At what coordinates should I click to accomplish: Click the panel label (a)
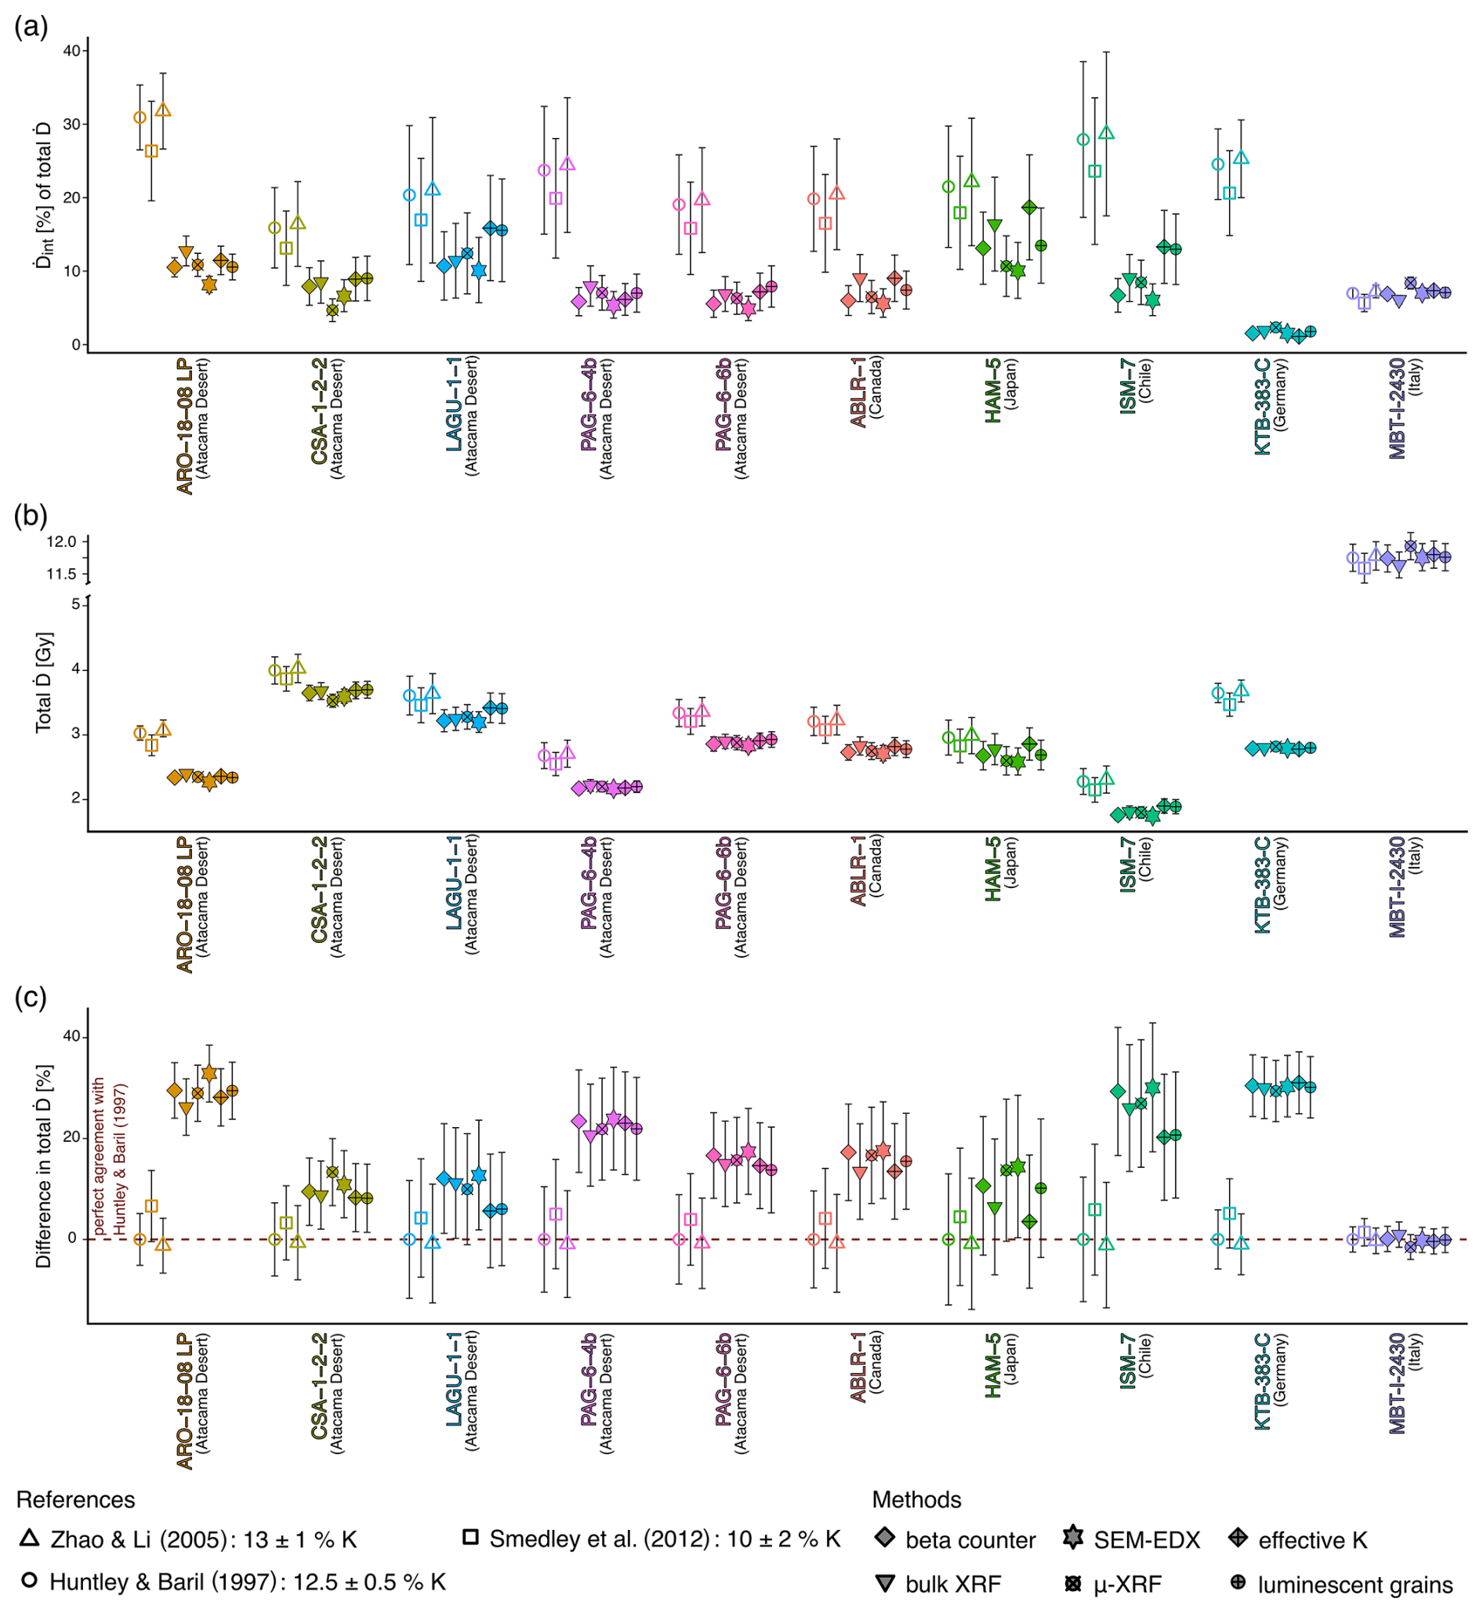pyautogui.click(x=31, y=27)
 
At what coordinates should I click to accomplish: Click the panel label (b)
pyautogui.click(x=31, y=515)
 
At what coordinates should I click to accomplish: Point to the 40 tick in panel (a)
pyautogui.click(x=71, y=51)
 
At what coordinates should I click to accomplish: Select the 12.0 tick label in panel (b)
pyautogui.click(x=61, y=542)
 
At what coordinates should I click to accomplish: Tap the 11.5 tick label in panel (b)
pyautogui.click(x=61, y=574)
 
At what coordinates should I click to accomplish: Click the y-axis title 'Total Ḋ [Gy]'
pyautogui.click(x=43, y=681)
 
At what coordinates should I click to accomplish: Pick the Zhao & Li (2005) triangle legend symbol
pyautogui.click(x=30, y=1538)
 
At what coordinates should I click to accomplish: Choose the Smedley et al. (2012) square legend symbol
pyautogui.click(x=471, y=1538)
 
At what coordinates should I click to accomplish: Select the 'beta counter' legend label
pyautogui.click(x=970, y=1540)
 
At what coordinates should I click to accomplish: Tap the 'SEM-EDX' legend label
pyautogui.click(x=1147, y=1540)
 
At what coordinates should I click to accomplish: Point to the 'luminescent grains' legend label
pyautogui.click(x=1355, y=1585)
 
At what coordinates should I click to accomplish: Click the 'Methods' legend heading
pyautogui.click(x=916, y=1499)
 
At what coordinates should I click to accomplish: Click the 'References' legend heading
pyautogui.click(x=75, y=1499)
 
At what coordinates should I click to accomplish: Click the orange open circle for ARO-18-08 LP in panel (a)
pyautogui.click(x=140, y=117)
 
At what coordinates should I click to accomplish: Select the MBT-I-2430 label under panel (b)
pyautogui.click(x=1398, y=886)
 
